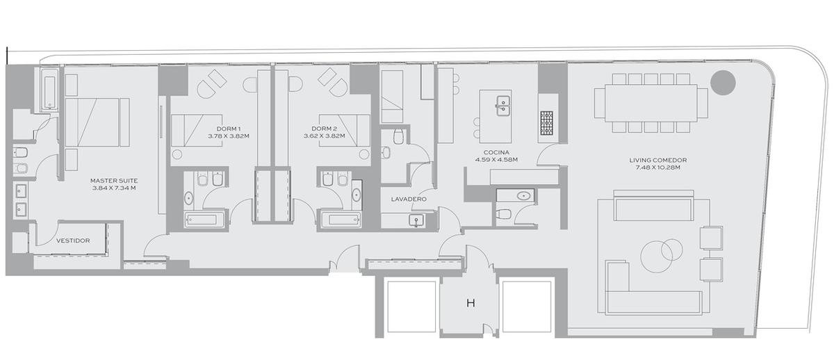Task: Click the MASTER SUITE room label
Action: [114, 181]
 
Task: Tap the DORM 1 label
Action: [229, 129]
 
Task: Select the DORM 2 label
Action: [325, 129]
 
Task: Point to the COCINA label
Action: [496, 152]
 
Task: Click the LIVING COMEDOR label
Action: [658, 160]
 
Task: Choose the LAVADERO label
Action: [409, 199]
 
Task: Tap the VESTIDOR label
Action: [73, 240]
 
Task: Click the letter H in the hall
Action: [471, 303]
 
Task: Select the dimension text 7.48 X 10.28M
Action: [658, 167]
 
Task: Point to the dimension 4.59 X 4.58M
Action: [496, 160]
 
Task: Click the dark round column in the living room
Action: [723, 82]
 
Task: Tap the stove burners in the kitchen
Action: [546, 123]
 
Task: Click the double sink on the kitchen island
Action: [502, 106]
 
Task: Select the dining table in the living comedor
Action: [651, 103]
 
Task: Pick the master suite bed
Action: [97, 122]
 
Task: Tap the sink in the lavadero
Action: [416, 221]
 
